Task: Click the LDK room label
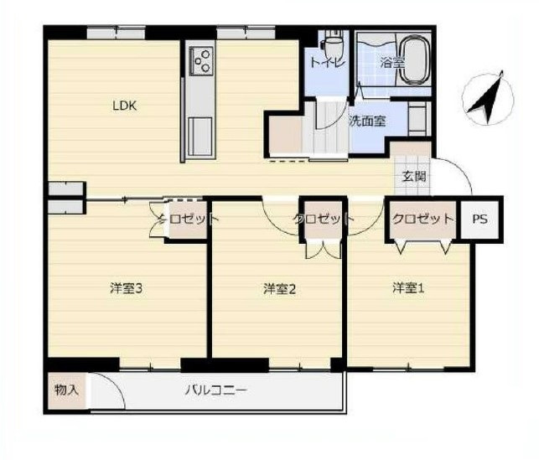(x=125, y=106)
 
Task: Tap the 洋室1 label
(x=408, y=288)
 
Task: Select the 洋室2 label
(x=279, y=289)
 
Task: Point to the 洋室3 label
(x=126, y=288)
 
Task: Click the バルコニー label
(x=216, y=390)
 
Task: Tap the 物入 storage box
(x=67, y=390)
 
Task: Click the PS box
(x=479, y=220)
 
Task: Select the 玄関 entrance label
(x=414, y=177)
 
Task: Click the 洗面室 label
(x=367, y=121)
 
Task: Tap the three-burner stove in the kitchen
(x=201, y=61)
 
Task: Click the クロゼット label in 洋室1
(x=422, y=219)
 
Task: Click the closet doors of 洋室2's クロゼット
(x=324, y=249)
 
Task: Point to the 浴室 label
(x=391, y=63)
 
